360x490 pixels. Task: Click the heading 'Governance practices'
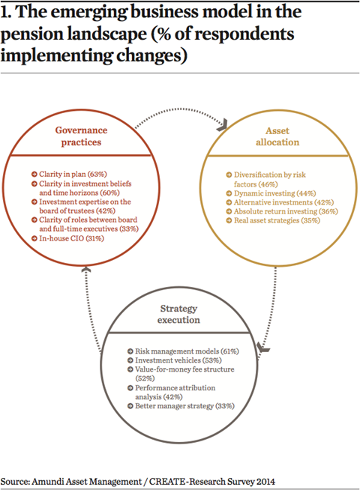(81, 136)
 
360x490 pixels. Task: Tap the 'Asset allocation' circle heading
(277, 136)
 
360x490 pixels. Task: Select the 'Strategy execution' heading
(178, 314)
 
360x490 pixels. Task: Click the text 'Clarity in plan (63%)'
(73, 174)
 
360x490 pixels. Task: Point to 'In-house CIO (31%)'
(71, 238)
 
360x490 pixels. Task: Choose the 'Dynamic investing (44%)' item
(275, 193)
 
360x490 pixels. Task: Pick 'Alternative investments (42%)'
(283, 202)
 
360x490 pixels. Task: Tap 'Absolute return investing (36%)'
(286, 211)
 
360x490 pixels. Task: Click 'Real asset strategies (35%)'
(277, 220)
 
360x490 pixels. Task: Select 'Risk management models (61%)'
(187, 351)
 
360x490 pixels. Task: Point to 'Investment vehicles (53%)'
(178, 360)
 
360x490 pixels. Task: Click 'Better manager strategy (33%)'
(184, 406)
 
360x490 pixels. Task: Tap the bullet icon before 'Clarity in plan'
(34, 175)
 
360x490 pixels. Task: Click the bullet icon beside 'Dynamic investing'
(229, 194)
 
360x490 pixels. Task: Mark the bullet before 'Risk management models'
(130, 351)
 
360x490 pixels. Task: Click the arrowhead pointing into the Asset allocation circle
(223, 124)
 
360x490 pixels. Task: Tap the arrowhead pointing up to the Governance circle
(86, 270)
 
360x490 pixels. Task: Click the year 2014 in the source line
(265, 482)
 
